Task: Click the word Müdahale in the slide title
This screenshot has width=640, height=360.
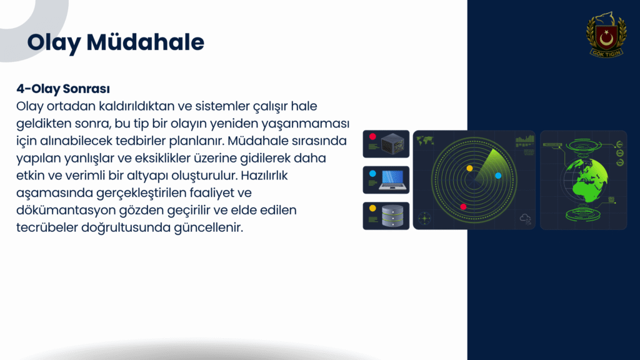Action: pyautogui.click(x=145, y=42)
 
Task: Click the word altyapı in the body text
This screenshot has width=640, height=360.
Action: pyautogui.click(x=147, y=176)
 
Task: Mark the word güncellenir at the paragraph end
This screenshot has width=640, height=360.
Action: pyautogui.click(x=209, y=227)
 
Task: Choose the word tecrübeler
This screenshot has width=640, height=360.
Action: pyautogui.click(x=47, y=227)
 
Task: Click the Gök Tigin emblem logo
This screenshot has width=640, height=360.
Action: pyautogui.click(x=606, y=35)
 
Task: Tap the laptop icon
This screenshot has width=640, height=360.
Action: pyautogui.click(x=392, y=180)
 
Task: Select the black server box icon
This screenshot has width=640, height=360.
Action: pyautogui.click(x=392, y=144)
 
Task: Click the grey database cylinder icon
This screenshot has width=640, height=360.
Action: pyautogui.click(x=392, y=216)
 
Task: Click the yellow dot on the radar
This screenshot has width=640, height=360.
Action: pyautogui.click(x=469, y=168)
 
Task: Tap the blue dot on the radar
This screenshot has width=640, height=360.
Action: pyautogui.click(x=498, y=176)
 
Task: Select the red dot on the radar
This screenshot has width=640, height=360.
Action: pyautogui.click(x=463, y=207)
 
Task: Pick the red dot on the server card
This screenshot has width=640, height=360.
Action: pyautogui.click(x=372, y=137)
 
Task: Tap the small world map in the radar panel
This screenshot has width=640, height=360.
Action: pyautogui.click(x=425, y=141)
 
